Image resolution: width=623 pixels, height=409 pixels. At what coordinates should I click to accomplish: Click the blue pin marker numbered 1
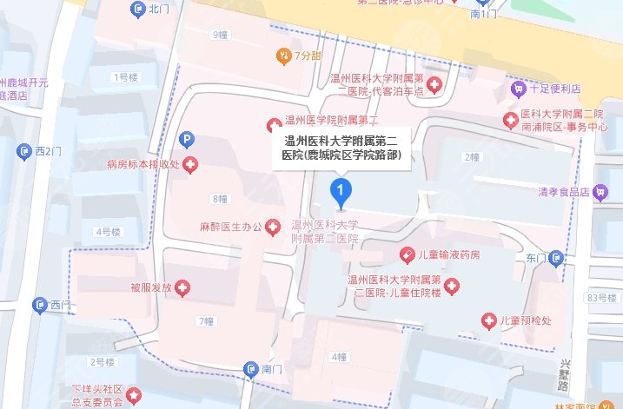click(x=343, y=191)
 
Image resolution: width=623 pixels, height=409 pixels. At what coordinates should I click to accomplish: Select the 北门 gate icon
click(x=137, y=10)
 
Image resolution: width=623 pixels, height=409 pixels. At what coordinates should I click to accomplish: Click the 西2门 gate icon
click(x=23, y=152)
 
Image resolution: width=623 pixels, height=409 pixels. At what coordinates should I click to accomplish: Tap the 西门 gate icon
click(x=39, y=305)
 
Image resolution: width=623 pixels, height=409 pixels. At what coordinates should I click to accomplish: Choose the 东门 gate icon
click(x=557, y=258)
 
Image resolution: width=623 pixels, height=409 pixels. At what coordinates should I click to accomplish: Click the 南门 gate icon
click(x=250, y=369)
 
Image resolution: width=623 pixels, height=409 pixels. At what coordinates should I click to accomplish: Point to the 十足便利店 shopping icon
click(x=518, y=89)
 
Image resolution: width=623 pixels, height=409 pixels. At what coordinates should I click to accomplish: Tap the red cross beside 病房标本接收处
click(x=189, y=164)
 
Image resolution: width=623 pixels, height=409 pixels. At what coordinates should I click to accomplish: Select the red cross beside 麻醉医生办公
click(x=273, y=228)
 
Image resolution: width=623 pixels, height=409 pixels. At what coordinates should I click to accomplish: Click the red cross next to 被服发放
click(x=182, y=287)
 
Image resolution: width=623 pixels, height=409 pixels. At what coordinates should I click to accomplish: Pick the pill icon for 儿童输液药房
click(x=405, y=254)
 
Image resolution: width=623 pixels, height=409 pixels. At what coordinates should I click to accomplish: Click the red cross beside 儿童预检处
click(x=489, y=322)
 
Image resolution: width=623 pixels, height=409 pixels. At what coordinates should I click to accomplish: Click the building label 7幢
click(x=205, y=321)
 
